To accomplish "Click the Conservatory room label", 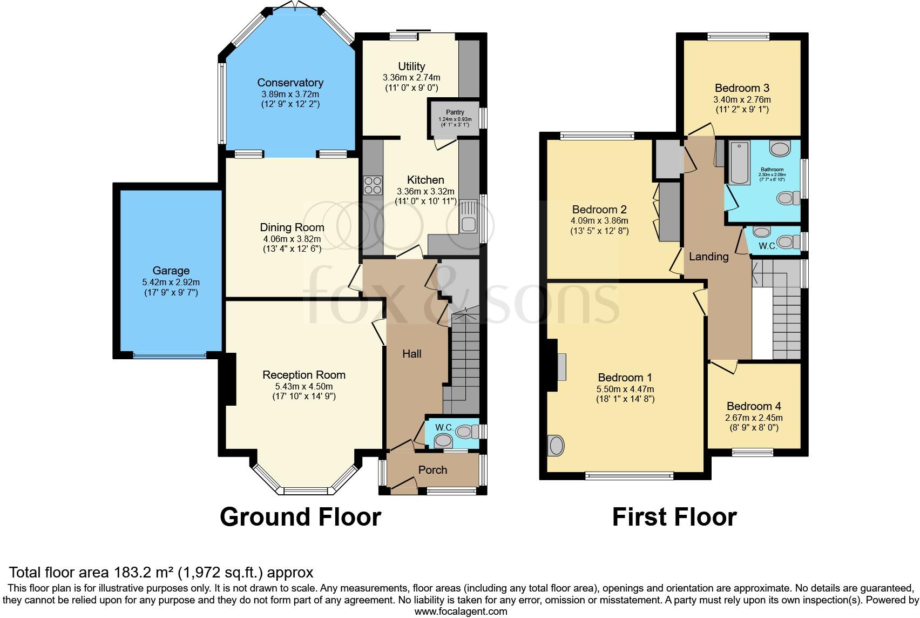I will [x=290, y=83].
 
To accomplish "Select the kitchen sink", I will [x=468, y=217].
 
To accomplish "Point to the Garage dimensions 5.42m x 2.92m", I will [x=171, y=283].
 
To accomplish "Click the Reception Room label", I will [x=303, y=375].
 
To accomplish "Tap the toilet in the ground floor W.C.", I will [x=464, y=431].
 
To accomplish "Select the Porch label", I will [x=432, y=470].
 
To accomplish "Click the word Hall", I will [x=411, y=354].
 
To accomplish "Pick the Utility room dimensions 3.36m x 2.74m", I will [x=411, y=77].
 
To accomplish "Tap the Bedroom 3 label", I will [x=742, y=88].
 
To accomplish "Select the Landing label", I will [x=708, y=257].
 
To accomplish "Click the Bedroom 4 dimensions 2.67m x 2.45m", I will [x=754, y=418].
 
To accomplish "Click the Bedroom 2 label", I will [x=599, y=210].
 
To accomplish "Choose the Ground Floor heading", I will [x=300, y=517].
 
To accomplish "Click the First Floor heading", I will [x=674, y=517].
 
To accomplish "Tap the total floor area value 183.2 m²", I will [x=141, y=572].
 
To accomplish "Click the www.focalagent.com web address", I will [x=461, y=612].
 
